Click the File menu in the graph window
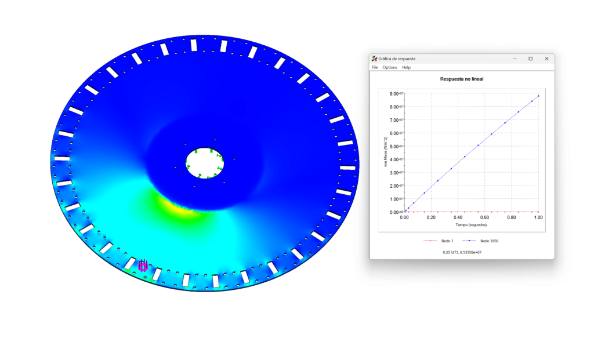coord(374,67)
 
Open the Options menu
coord(389,67)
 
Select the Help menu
coord(406,67)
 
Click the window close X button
coord(546,59)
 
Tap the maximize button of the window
coord(530,59)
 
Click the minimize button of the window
coord(515,59)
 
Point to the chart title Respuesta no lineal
coord(461,79)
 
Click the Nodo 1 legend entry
coord(439,241)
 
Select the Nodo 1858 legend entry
coord(480,241)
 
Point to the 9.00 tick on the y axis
coord(396,93)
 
